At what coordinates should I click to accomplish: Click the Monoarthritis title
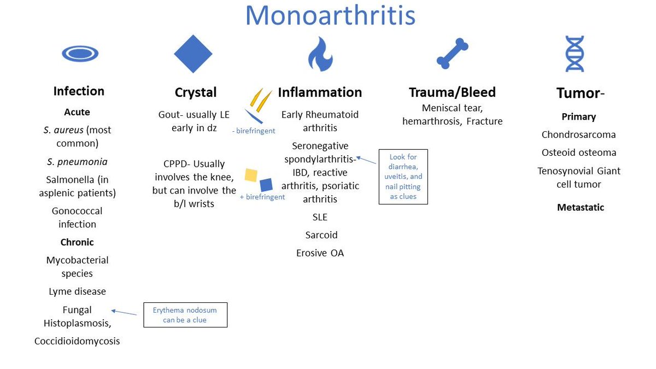(330, 16)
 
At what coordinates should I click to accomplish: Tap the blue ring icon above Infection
(80, 54)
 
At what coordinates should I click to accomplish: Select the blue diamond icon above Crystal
(192, 54)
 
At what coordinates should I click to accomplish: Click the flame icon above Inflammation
(320, 55)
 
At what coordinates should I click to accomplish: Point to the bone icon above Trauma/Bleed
(453, 54)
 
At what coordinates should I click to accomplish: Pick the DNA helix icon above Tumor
(575, 54)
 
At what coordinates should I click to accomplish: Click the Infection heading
(79, 91)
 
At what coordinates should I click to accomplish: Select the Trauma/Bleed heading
(452, 92)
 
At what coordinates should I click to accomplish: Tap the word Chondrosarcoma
(578, 134)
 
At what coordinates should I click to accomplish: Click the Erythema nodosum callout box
(185, 315)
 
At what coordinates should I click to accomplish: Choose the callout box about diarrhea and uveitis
(403, 177)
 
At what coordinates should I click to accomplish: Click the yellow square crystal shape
(251, 174)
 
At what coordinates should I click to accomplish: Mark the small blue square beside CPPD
(266, 184)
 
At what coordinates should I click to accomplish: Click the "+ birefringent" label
(262, 197)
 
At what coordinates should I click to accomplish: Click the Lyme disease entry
(77, 291)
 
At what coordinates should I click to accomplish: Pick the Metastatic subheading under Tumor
(581, 207)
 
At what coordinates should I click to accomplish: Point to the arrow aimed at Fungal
(124, 312)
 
